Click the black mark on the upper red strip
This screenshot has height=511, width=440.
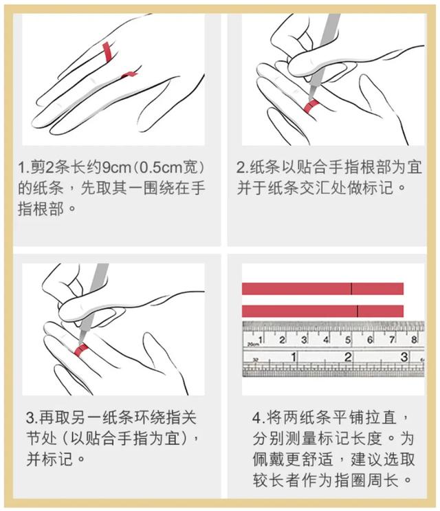pyautogui.click(x=351, y=288)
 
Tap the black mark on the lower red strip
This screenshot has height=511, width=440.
pyautogui.click(x=357, y=310)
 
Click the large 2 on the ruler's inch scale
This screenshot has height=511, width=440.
pyautogui.click(x=348, y=357)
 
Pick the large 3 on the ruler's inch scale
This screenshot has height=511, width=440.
pyautogui.click(x=404, y=357)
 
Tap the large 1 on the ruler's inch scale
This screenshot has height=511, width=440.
pyautogui.click(x=293, y=357)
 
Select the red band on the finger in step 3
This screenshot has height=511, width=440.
pyautogui.click(x=81, y=351)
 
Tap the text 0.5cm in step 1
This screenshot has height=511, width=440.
pyautogui.click(x=163, y=168)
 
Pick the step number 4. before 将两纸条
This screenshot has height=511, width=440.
pyautogui.click(x=258, y=417)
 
